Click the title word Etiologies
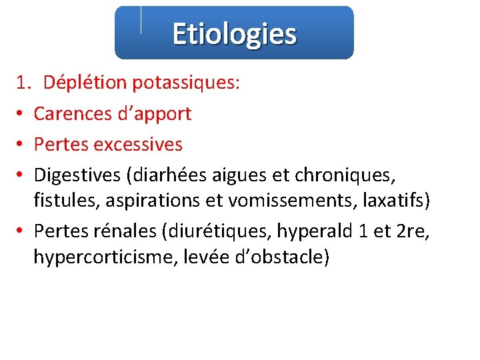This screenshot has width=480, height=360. (234, 33)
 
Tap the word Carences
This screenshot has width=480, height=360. (72, 113)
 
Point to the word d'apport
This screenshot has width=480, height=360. (154, 113)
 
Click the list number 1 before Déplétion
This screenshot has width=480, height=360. (23, 83)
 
